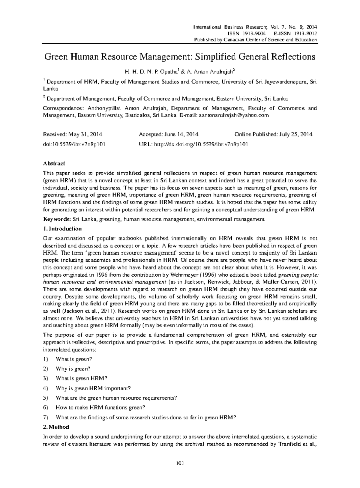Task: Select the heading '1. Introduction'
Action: pos(62,229)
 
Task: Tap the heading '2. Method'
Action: pos(56,427)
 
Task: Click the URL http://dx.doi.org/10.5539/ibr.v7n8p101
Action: pos(201,144)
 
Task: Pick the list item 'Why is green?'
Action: pos(73,369)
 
